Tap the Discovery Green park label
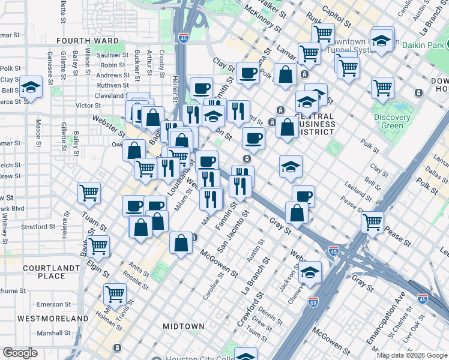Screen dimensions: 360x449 coord(392,122)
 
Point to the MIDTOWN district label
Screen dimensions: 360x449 coord(184,326)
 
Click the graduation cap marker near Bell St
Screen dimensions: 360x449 coord(31,87)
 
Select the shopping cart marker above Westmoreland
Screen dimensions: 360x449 coord(115,293)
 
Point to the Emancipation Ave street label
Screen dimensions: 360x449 coord(382,317)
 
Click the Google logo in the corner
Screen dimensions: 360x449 coord(20,353)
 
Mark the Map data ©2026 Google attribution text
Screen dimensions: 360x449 coord(412,355)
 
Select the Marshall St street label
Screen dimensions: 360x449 coord(58,333)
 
